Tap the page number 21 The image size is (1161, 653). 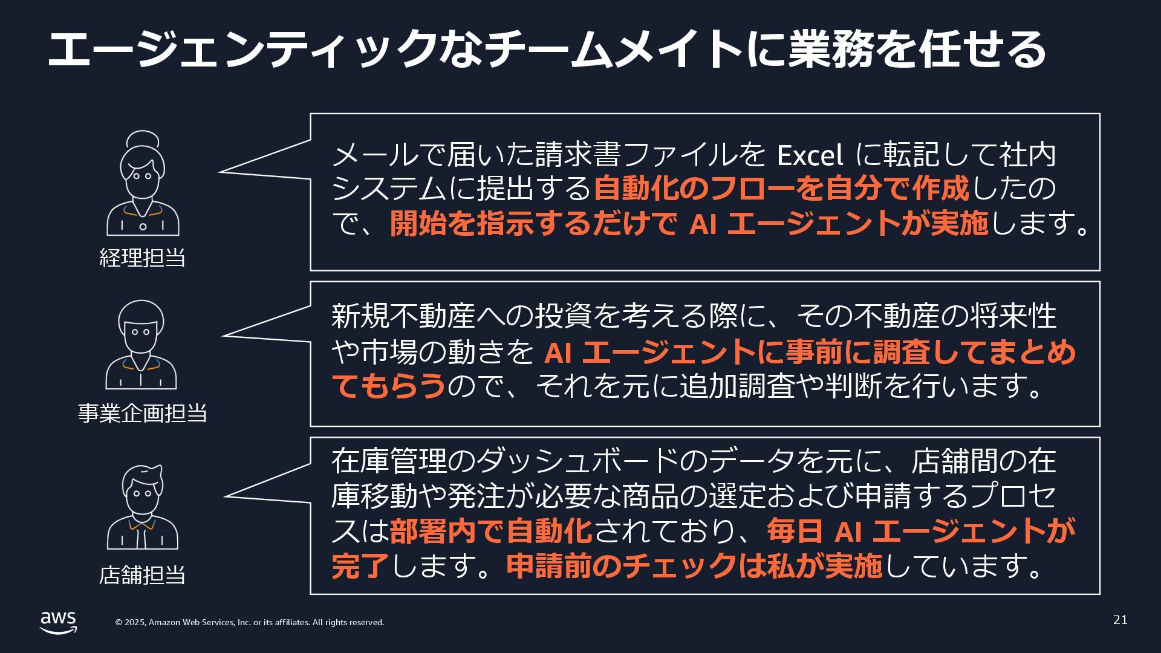pyautogui.click(x=1120, y=620)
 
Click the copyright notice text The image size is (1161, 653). pyautogui.click(x=249, y=622)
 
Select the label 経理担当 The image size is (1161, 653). pyautogui.click(x=142, y=258)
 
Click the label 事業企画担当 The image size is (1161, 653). pyautogui.click(x=142, y=414)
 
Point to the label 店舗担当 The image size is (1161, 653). pyautogui.click(x=142, y=574)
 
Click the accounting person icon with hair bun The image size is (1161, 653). pyautogui.click(x=143, y=184)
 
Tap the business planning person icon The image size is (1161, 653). pyautogui.click(x=141, y=345)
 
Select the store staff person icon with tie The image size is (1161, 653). pyautogui.click(x=143, y=507)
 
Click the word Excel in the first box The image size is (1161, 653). pyautogui.click(x=809, y=155)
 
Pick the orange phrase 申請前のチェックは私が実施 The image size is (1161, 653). pyautogui.click(x=694, y=566)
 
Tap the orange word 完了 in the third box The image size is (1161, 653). pyautogui.click(x=360, y=566)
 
